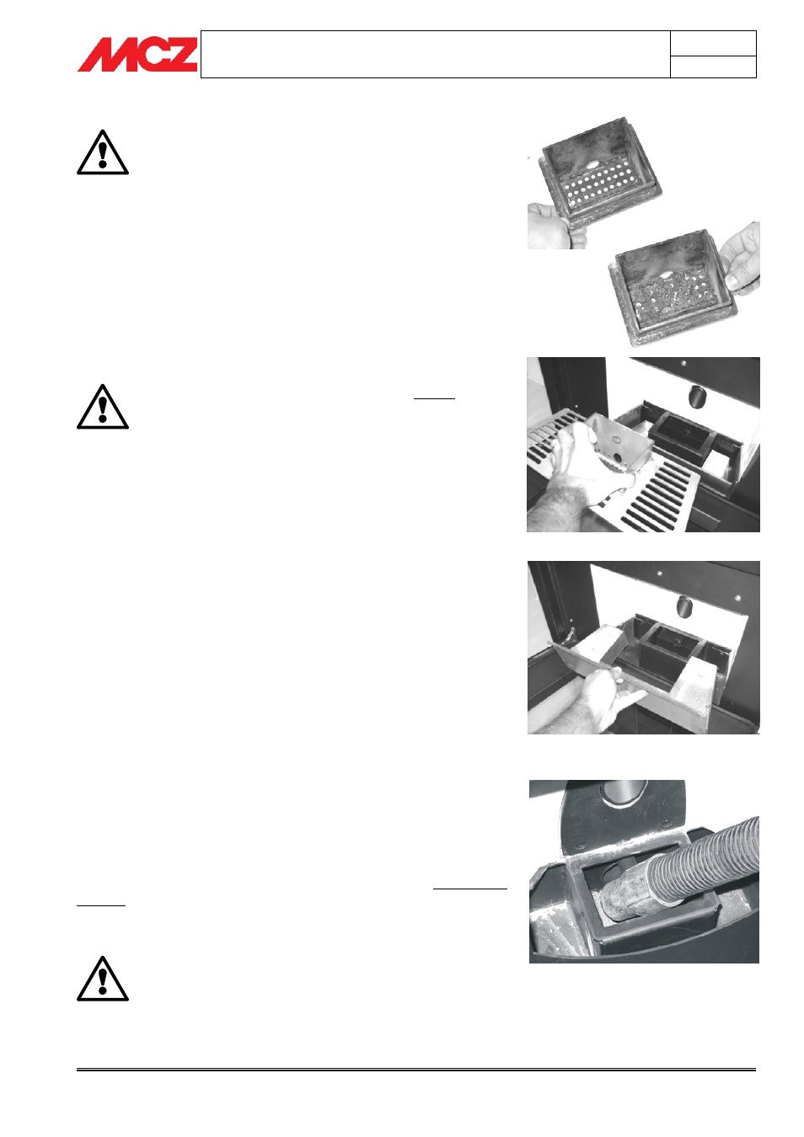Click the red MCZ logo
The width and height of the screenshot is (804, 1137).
point(137,54)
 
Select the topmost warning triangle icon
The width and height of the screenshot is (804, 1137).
point(103,152)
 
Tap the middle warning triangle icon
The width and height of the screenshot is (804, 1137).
point(103,407)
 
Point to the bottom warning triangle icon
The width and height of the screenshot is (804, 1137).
point(103,979)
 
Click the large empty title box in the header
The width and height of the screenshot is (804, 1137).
point(435,54)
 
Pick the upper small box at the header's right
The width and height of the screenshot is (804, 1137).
point(713,43)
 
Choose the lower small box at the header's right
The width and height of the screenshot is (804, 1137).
point(713,67)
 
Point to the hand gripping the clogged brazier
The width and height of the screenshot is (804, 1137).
point(742,259)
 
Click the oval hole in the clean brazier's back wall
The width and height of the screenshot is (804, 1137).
point(592,165)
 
